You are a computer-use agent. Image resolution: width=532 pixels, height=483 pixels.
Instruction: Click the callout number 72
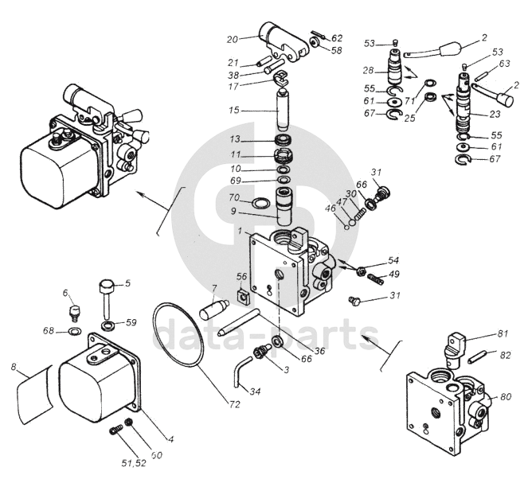point(234,404)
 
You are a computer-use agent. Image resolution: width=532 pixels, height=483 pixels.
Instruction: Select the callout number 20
point(232,40)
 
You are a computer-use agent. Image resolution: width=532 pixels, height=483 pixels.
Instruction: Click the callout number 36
point(319,350)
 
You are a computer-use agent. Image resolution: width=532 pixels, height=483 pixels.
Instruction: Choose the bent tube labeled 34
point(241,373)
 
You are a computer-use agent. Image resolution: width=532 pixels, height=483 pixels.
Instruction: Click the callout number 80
point(506,396)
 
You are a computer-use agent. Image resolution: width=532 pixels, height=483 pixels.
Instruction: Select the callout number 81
point(503,333)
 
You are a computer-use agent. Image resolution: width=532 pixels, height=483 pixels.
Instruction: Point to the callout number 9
point(233,212)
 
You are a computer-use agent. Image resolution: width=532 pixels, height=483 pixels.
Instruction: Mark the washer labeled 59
point(108,325)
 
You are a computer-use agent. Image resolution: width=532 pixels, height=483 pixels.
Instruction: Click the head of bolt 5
point(106,286)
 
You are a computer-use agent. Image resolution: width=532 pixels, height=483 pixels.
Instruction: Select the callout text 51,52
point(134,463)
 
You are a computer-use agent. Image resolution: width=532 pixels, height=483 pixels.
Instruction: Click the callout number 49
point(393,274)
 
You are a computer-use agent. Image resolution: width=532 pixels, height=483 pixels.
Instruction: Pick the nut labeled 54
point(360,271)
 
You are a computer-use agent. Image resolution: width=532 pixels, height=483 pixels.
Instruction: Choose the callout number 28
point(368,71)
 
